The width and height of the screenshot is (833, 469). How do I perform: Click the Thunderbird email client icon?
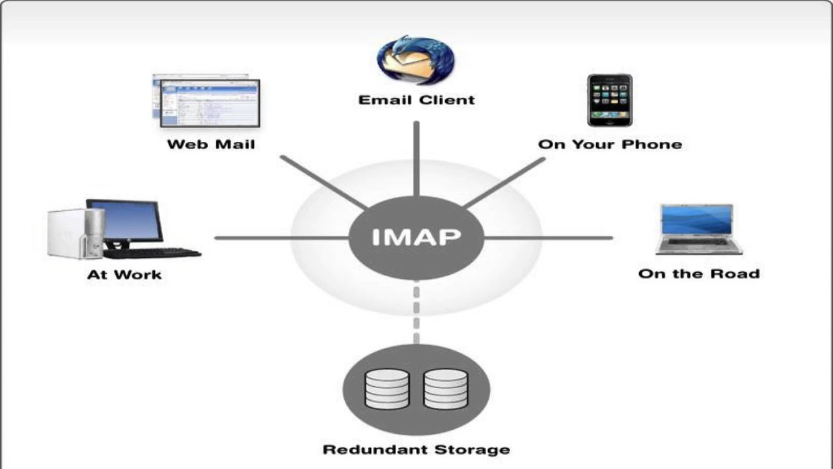tap(416, 60)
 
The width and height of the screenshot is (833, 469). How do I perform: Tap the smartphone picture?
tap(610, 100)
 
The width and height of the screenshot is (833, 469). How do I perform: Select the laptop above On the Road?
tap(699, 230)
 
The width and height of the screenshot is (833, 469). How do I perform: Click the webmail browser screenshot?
tap(207, 102)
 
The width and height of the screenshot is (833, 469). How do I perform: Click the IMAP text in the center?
tap(416, 237)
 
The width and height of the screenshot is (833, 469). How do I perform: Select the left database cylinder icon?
tap(387, 389)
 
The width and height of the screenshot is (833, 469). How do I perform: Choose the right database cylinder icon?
tap(445, 389)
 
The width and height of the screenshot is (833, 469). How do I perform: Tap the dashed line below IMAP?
tap(416, 313)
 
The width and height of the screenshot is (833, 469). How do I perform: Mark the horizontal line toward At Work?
tap(280, 238)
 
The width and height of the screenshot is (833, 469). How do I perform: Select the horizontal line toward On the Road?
tap(550, 238)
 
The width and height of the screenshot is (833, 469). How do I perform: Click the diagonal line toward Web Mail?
tap(323, 182)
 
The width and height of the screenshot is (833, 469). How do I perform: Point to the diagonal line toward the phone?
tap(504, 183)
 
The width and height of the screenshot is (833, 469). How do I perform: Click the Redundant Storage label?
tap(416, 449)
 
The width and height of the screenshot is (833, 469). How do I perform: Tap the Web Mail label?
tap(211, 144)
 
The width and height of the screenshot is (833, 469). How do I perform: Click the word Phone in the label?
tap(654, 144)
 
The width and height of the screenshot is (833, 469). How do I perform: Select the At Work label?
tap(124, 274)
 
